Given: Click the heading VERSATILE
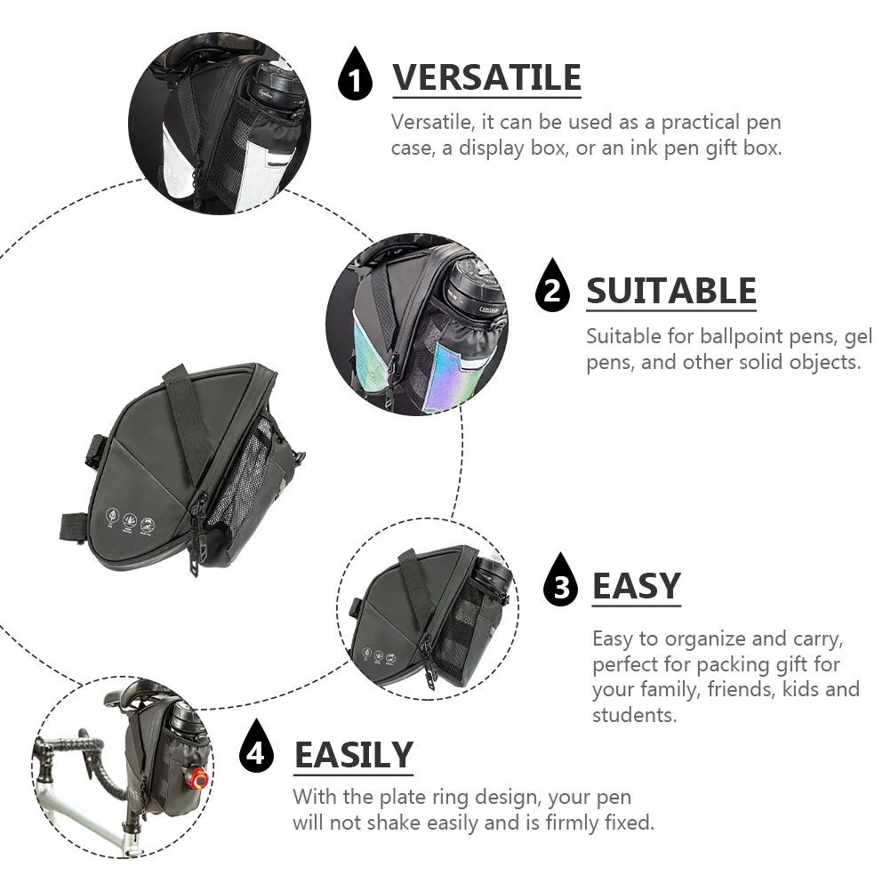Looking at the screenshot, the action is [x=486, y=77].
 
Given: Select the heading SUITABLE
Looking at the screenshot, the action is [x=671, y=291].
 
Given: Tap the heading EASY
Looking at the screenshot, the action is [x=637, y=586].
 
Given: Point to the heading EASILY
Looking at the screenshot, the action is [x=353, y=755].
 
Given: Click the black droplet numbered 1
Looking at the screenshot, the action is [x=355, y=75].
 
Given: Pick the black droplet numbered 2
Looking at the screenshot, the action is [x=552, y=286].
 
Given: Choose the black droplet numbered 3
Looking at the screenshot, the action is [x=561, y=581].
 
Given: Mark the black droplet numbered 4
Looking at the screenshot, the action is [x=256, y=747].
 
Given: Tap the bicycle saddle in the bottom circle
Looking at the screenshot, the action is [x=136, y=694].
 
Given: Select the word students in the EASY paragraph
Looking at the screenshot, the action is [x=634, y=715].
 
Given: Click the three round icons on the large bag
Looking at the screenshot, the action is [x=130, y=518].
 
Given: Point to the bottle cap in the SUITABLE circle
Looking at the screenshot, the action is [x=473, y=285].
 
